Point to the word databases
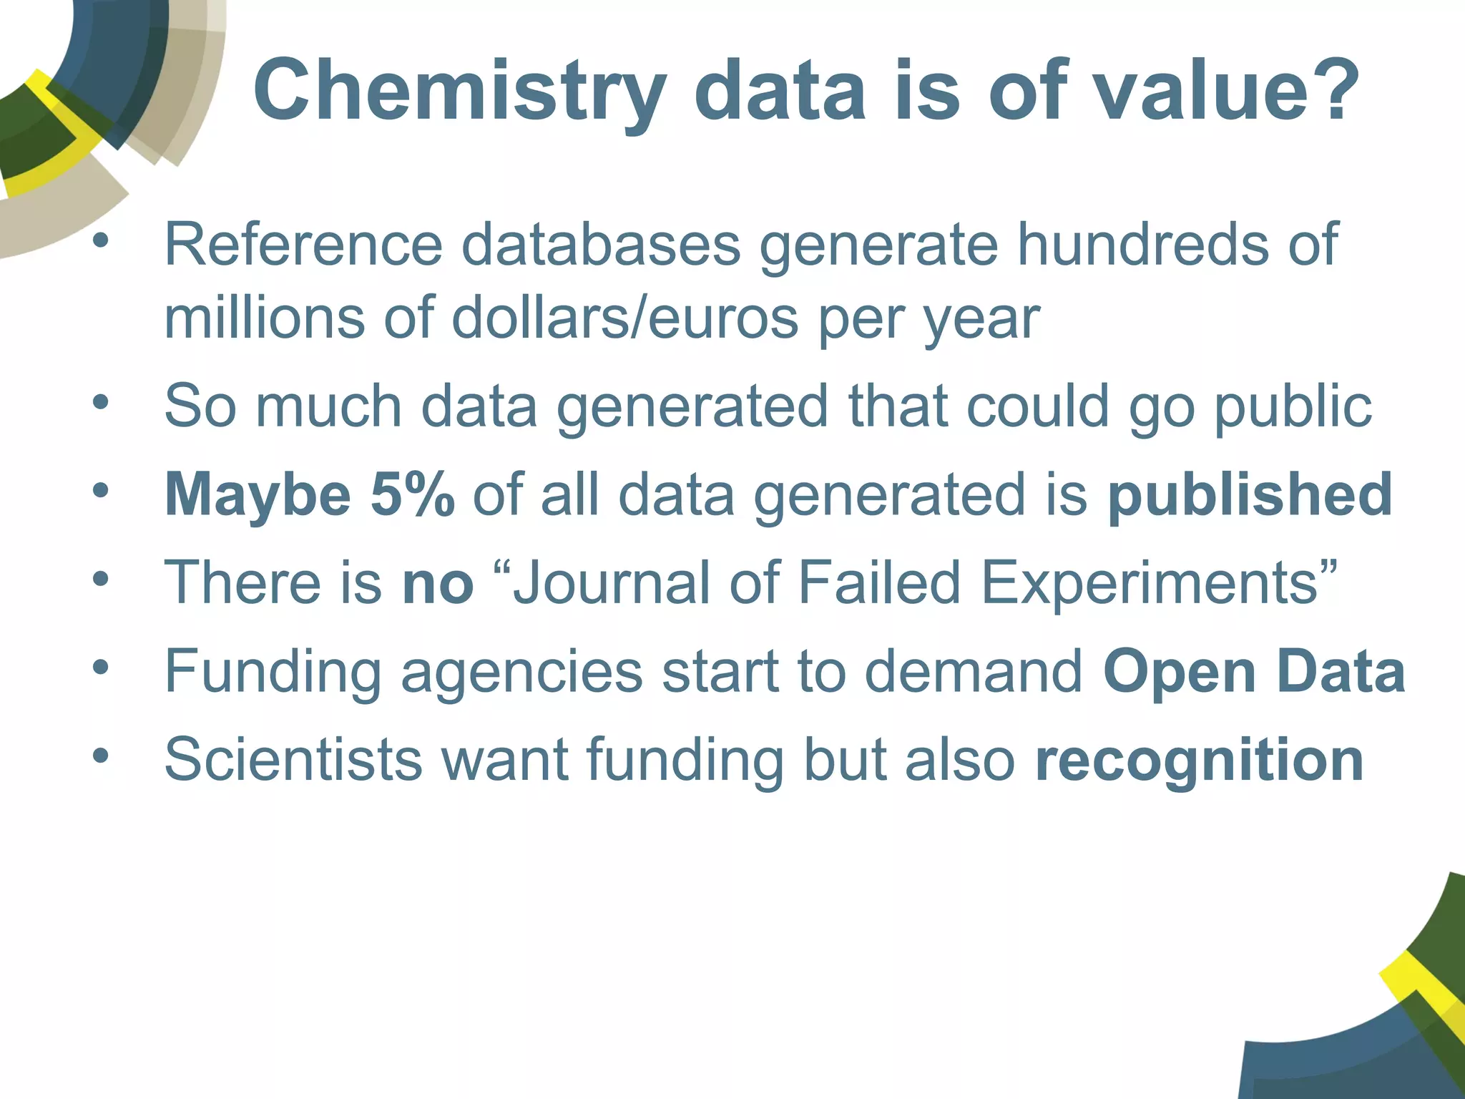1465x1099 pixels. [x=601, y=245]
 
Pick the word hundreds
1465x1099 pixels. [x=1142, y=245]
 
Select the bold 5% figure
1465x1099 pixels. [x=413, y=494]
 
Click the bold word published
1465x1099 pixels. [x=1250, y=494]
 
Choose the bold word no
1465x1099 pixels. [x=438, y=582]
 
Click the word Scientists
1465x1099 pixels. [x=293, y=759]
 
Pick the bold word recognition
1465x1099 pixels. [x=1200, y=759]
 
